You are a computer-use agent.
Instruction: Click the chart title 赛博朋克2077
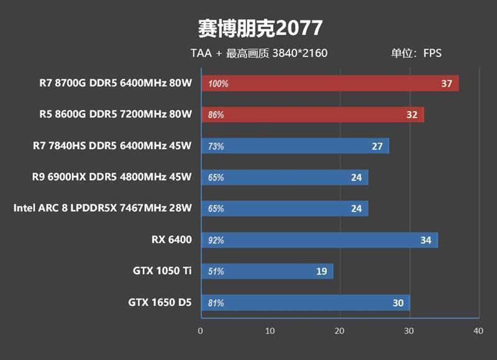pyautogui.click(x=260, y=28)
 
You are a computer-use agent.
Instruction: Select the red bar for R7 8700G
pyautogui.click(x=329, y=83)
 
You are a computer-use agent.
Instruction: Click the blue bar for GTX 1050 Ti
pyautogui.click(x=267, y=271)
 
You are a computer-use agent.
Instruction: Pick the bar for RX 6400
pyautogui.click(x=319, y=240)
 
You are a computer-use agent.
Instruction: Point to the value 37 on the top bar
pyautogui.click(x=446, y=83)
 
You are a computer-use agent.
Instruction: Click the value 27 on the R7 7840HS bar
pyautogui.click(x=376, y=146)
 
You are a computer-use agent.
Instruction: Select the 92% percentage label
pyautogui.click(x=216, y=241)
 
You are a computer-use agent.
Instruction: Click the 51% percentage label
pyautogui.click(x=216, y=272)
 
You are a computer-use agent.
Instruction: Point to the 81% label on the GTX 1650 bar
pyautogui.click(x=216, y=303)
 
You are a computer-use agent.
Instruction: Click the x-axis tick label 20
pyautogui.click(x=339, y=331)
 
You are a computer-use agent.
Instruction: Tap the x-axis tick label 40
pyautogui.click(x=477, y=331)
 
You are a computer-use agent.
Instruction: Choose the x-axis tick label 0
pyautogui.click(x=200, y=331)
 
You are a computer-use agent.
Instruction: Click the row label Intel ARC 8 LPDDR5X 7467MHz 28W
pyautogui.click(x=103, y=208)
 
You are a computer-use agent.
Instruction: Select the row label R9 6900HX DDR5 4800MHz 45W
pyautogui.click(x=112, y=177)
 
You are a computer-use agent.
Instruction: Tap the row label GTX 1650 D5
pyautogui.click(x=160, y=303)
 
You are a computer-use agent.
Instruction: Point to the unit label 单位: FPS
pyautogui.click(x=416, y=53)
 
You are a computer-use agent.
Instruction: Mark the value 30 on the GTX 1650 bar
pyautogui.click(x=398, y=303)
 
